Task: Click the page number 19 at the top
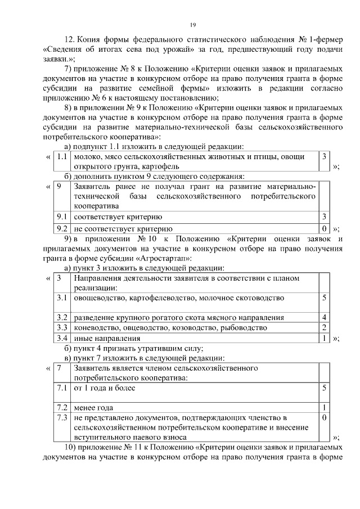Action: pos(192,25)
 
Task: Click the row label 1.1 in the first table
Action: pos(62,157)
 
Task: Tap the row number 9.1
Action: pos(62,217)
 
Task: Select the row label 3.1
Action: pos(62,298)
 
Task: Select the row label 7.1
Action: pos(62,388)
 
